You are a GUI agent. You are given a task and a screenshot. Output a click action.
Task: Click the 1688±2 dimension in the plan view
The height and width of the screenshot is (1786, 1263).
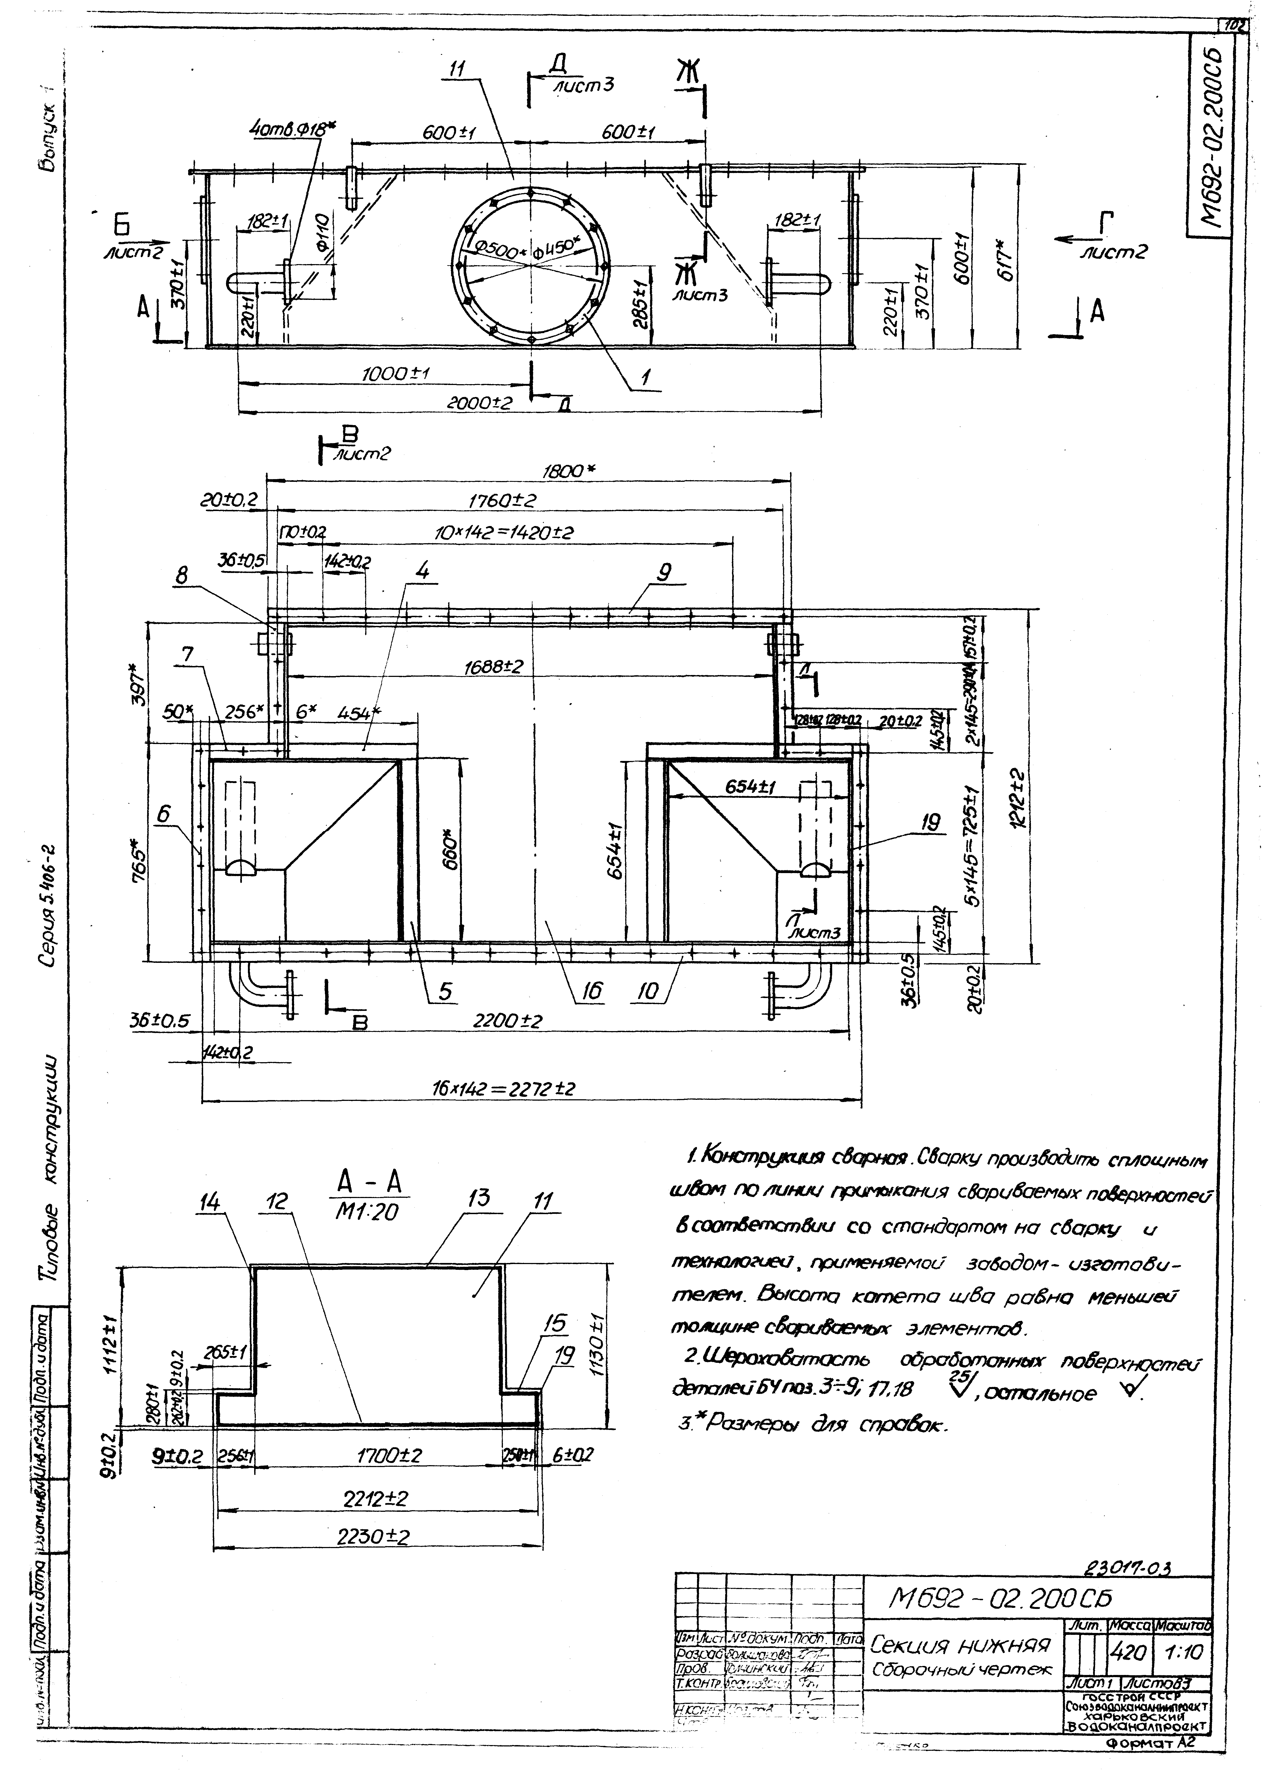[x=493, y=667]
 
